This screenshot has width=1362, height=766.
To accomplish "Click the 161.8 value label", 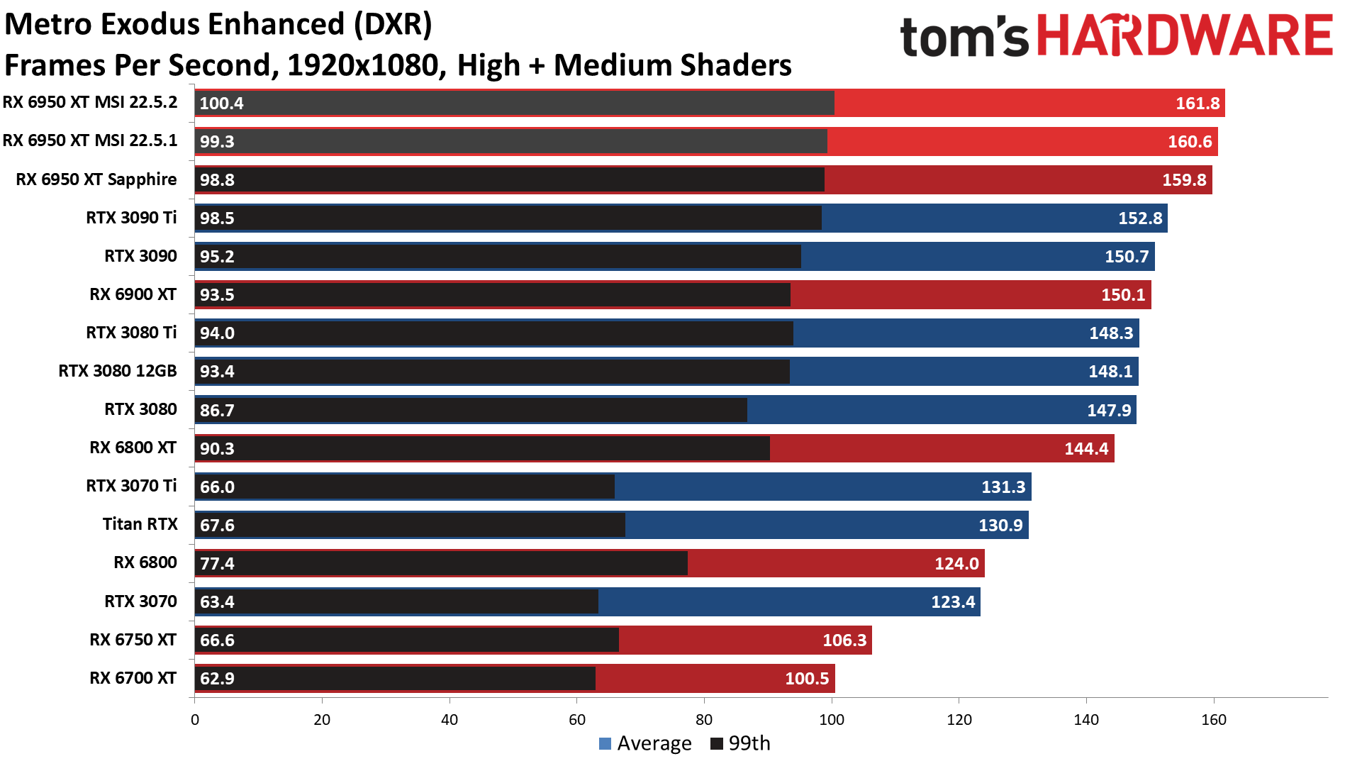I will point(1197,104).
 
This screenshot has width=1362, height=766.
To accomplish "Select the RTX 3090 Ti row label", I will point(131,218).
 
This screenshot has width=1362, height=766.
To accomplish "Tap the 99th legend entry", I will point(740,743).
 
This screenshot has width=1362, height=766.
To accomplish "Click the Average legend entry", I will point(645,743).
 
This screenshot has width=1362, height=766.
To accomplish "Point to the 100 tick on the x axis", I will point(831,720).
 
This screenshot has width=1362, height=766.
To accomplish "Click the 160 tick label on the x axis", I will point(1213,720).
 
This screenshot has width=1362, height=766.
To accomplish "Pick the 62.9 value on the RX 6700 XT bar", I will point(217,679).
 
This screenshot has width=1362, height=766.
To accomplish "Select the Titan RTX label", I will point(140,524).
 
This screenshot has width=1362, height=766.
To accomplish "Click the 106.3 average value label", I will point(844,640).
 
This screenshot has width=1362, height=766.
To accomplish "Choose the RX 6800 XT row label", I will point(133,448).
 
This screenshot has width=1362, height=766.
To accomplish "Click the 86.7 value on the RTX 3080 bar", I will point(217,411).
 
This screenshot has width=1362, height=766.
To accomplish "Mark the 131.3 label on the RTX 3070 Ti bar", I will point(1003,487).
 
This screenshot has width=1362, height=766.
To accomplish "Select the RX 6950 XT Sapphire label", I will point(96,179).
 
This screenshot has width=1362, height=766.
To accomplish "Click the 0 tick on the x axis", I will point(195,720).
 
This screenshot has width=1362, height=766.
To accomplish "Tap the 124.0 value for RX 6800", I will point(956,564).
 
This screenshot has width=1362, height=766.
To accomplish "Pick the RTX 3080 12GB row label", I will point(117,371).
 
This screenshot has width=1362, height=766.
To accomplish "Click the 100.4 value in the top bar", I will point(221,104).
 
